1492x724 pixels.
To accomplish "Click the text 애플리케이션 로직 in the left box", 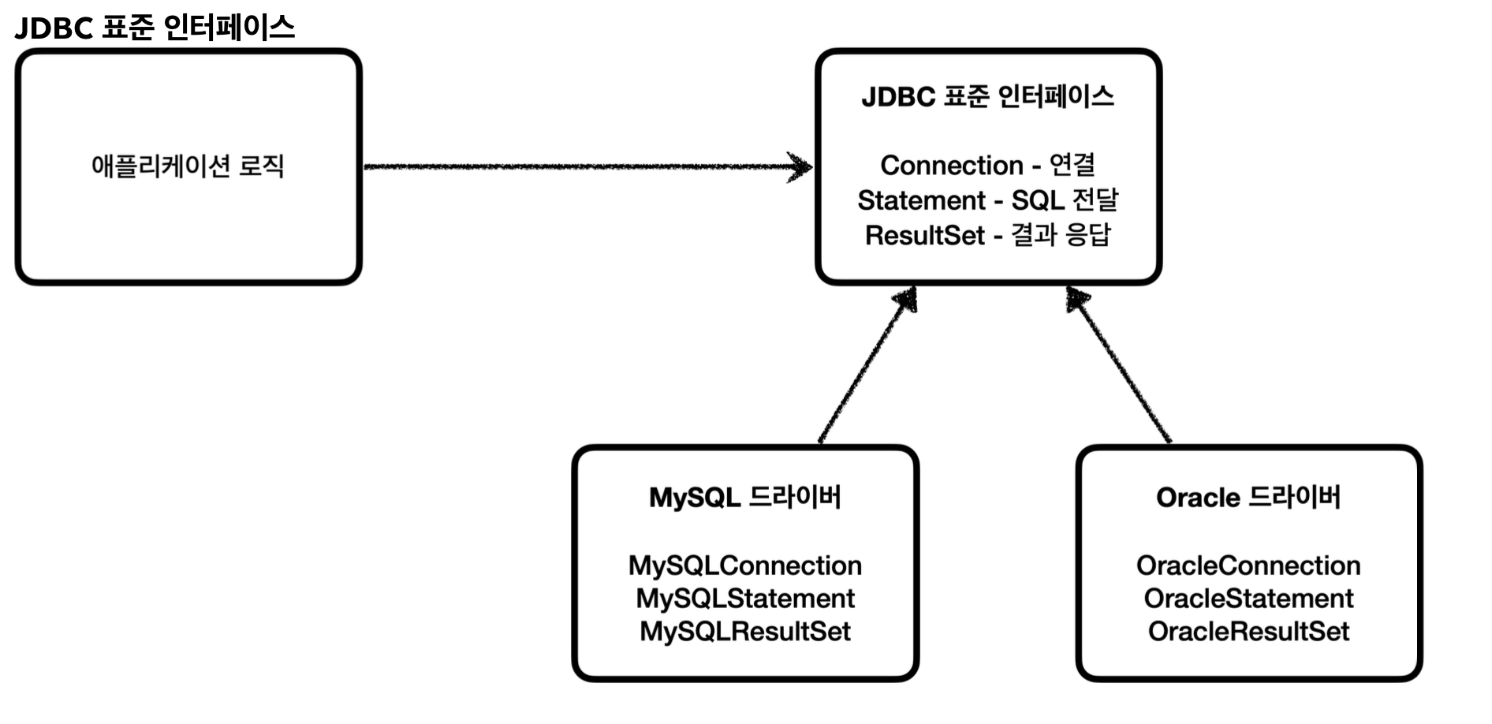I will click(x=188, y=166).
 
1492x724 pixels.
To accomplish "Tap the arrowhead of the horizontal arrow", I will click(x=801, y=166).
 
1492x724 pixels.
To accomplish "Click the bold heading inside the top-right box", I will click(x=987, y=96).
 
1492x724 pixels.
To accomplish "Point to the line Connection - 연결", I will click(x=987, y=165).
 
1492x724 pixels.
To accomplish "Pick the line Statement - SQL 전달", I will click(x=987, y=200).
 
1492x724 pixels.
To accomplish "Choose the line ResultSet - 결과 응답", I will click(x=987, y=235).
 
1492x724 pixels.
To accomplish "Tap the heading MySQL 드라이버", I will click(x=744, y=498).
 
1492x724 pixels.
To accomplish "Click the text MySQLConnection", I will click(x=744, y=565).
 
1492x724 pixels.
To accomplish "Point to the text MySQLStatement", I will click(x=744, y=599).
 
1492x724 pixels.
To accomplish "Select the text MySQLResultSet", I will click(x=744, y=632).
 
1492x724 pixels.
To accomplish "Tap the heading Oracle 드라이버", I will click(x=1248, y=498).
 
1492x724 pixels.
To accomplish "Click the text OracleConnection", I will click(x=1248, y=565).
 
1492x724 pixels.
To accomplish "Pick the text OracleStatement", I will click(x=1248, y=599).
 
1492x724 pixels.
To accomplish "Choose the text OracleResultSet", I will click(x=1248, y=632).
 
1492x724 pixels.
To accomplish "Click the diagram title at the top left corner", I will click(x=155, y=28).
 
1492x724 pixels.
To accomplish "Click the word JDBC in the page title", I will click(x=54, y=28).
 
